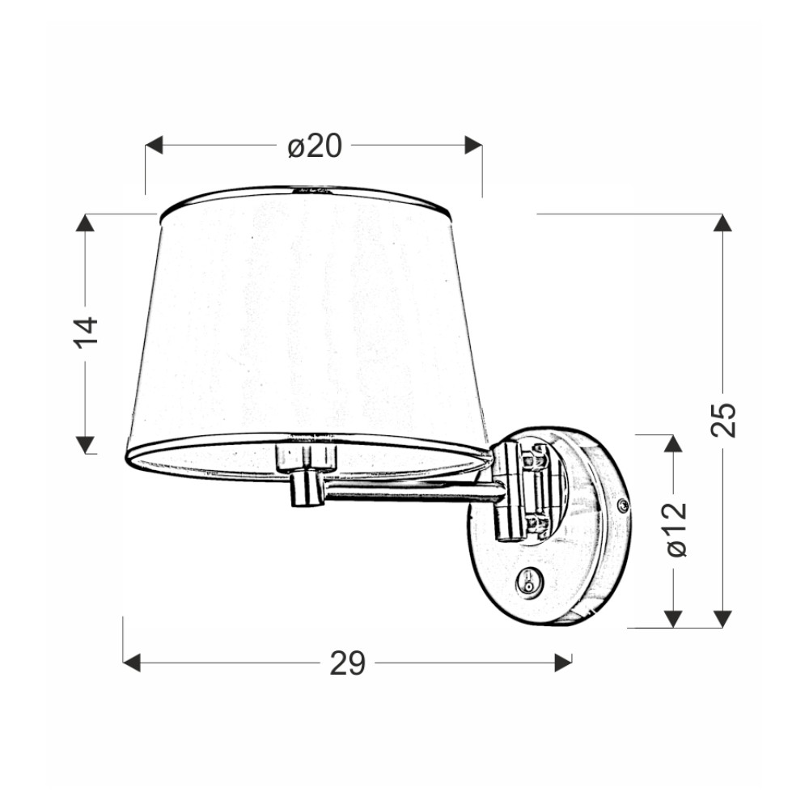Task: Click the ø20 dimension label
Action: tap(315, 146)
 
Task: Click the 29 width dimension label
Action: tap(348, 663)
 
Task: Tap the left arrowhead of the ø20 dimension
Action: tap(154, 145)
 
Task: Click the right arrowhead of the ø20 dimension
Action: tap(473, 145)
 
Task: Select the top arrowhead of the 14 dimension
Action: tap(86, 222)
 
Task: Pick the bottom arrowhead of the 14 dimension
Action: tap(86, 445)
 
